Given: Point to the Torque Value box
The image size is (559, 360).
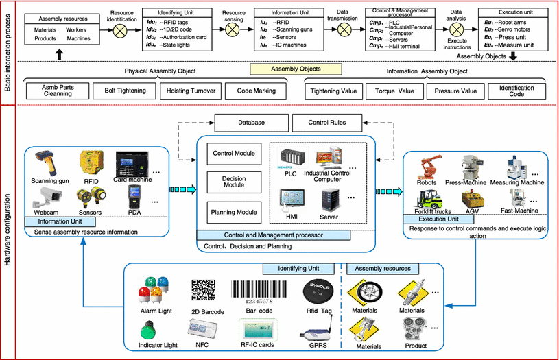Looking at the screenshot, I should click(x=389, y=91).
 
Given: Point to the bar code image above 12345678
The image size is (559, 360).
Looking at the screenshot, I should click(x=255, y=289).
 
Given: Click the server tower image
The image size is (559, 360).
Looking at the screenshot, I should click(x=331, y=202).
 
